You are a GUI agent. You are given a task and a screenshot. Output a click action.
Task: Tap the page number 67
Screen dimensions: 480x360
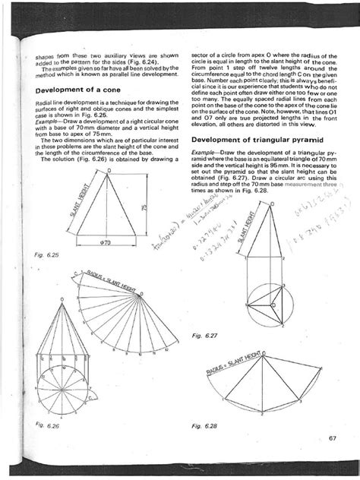coord(332,436)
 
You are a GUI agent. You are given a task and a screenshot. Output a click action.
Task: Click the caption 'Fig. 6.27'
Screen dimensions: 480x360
coord(204,334)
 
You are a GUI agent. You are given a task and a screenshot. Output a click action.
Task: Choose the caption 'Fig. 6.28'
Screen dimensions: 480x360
coord(204,426)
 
